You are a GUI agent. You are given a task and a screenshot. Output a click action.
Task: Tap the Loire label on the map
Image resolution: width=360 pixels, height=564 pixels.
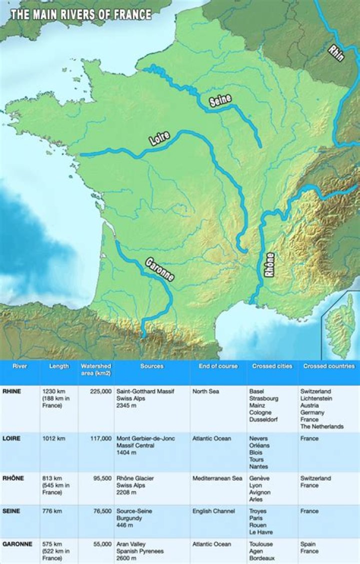pyautogui.click(x=160, y=138)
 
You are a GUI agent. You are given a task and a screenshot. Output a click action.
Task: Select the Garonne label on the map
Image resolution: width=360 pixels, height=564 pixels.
pyautogui.click(x=159, y=270)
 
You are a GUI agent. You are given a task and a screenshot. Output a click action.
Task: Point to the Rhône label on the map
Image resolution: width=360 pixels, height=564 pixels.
pyautogui.click(x=269, y=265)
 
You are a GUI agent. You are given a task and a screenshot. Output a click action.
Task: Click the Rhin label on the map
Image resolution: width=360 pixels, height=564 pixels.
pyautogui.click(x=336, y=52)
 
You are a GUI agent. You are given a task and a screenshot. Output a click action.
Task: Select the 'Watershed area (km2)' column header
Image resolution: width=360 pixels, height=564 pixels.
pyautogui.click(x=96, y=370)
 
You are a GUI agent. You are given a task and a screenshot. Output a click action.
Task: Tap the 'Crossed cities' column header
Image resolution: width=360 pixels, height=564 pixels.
pyautogui.click(x=272, y=366)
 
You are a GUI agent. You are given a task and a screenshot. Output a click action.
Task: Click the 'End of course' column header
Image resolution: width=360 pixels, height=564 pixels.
pyautogui.click(x=218, y=366)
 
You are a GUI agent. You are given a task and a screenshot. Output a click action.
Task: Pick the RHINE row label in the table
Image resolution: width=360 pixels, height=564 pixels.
pyautogui.click(x=11, y=392)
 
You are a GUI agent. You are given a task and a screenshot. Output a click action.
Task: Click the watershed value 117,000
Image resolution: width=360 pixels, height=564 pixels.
pyautogui.click(x=101, y=439)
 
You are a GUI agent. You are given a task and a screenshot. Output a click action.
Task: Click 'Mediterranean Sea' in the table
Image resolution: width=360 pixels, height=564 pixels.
pyautogui.click(x=217, y=479)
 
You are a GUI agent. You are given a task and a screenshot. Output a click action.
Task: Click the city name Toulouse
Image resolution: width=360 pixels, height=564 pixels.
pyautogui.click(x=261, y=545)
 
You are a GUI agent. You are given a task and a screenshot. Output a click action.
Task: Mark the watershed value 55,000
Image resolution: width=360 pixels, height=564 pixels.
pyautogui.click(x=103, y=545)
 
